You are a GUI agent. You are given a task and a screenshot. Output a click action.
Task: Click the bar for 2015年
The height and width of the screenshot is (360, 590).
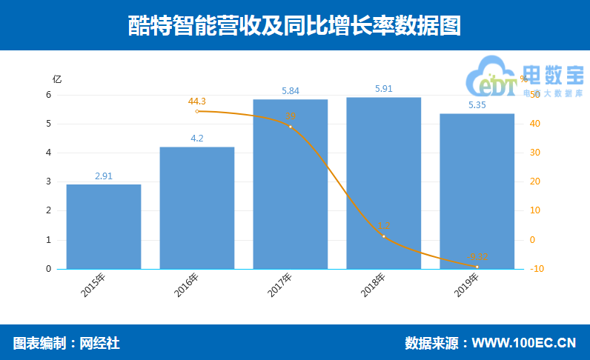click(104, 227)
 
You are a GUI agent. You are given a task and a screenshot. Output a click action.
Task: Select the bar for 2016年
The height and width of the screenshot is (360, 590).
click(197, 208)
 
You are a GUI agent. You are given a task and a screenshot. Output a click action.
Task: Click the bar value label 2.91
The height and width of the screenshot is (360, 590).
click(104, 176)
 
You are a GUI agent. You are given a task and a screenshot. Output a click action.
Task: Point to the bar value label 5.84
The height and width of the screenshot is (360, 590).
click(291, 91)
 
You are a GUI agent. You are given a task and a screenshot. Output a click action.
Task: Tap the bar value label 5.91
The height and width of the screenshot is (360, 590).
click(384, 89)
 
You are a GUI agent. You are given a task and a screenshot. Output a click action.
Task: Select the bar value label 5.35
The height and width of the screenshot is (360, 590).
click(477, 105)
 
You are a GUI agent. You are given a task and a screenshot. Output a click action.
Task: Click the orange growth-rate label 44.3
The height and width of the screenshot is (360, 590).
click(197, 101)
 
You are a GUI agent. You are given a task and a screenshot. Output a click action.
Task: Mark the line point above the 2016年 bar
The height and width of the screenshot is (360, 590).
click(197, 111)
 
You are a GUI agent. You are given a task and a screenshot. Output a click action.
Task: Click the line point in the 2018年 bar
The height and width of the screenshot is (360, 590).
click(384, 236)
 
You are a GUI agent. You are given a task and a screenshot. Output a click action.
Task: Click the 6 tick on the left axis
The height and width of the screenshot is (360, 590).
click(49, 95)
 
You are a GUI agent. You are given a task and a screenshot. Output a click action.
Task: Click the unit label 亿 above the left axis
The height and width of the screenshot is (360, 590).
click(57, 79)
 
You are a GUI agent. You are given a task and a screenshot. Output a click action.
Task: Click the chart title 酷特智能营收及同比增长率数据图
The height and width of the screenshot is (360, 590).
click(295, 26)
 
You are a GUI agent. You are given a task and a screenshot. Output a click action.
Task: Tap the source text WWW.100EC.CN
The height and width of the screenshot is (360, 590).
click(524, 343)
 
